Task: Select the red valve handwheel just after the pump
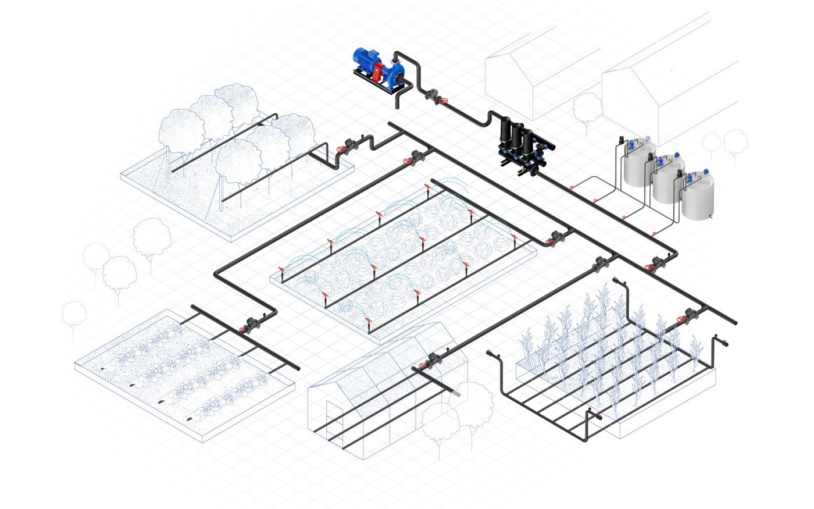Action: tap(443, 102)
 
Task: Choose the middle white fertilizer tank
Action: tap(667, 181)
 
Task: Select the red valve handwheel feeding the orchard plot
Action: tap(341, 150)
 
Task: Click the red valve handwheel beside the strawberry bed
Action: tap(242, 330)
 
